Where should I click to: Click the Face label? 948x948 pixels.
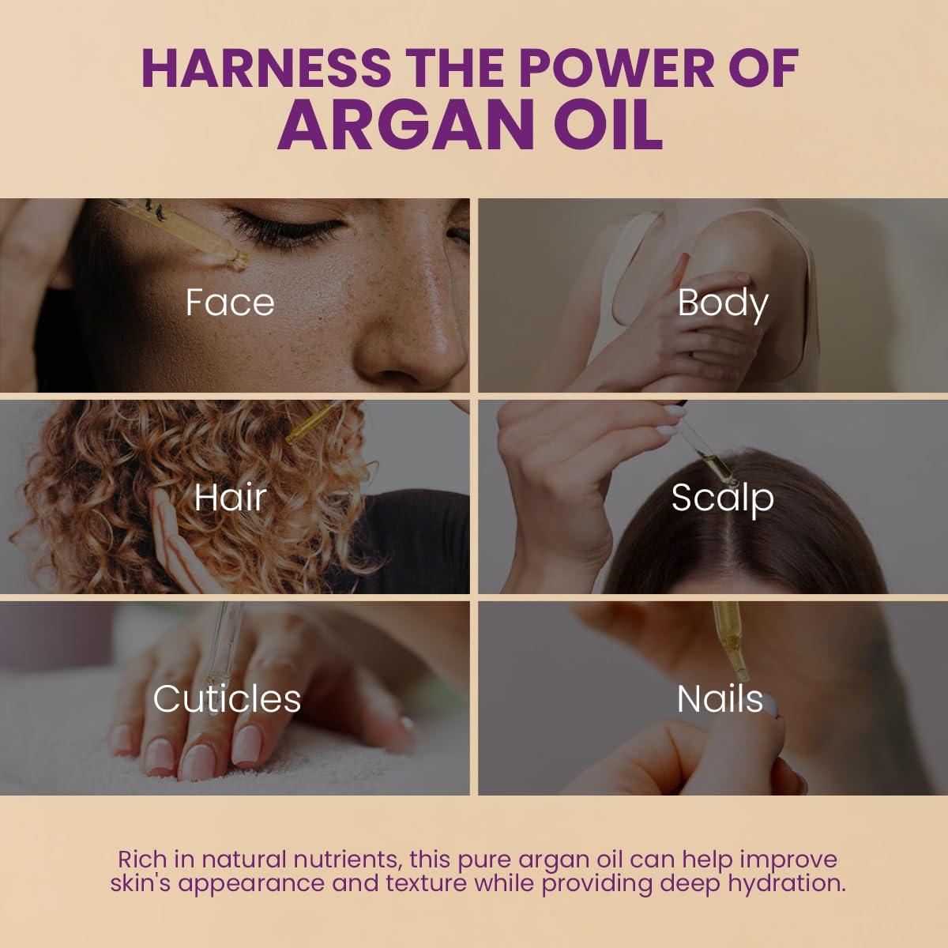pyautogui.click(x=230, y=303)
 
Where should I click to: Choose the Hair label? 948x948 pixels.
pyautogui.click(x=230, y=497)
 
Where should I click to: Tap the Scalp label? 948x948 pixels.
pyautogui.click(x=722, y=498)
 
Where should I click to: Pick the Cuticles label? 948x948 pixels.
pyautogui.click(x=227, y=699)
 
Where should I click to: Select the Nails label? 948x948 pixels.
pyautogui.click(x=720, y=699)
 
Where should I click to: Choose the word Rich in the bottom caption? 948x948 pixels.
pyautogui.click(x=143, y=859)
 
